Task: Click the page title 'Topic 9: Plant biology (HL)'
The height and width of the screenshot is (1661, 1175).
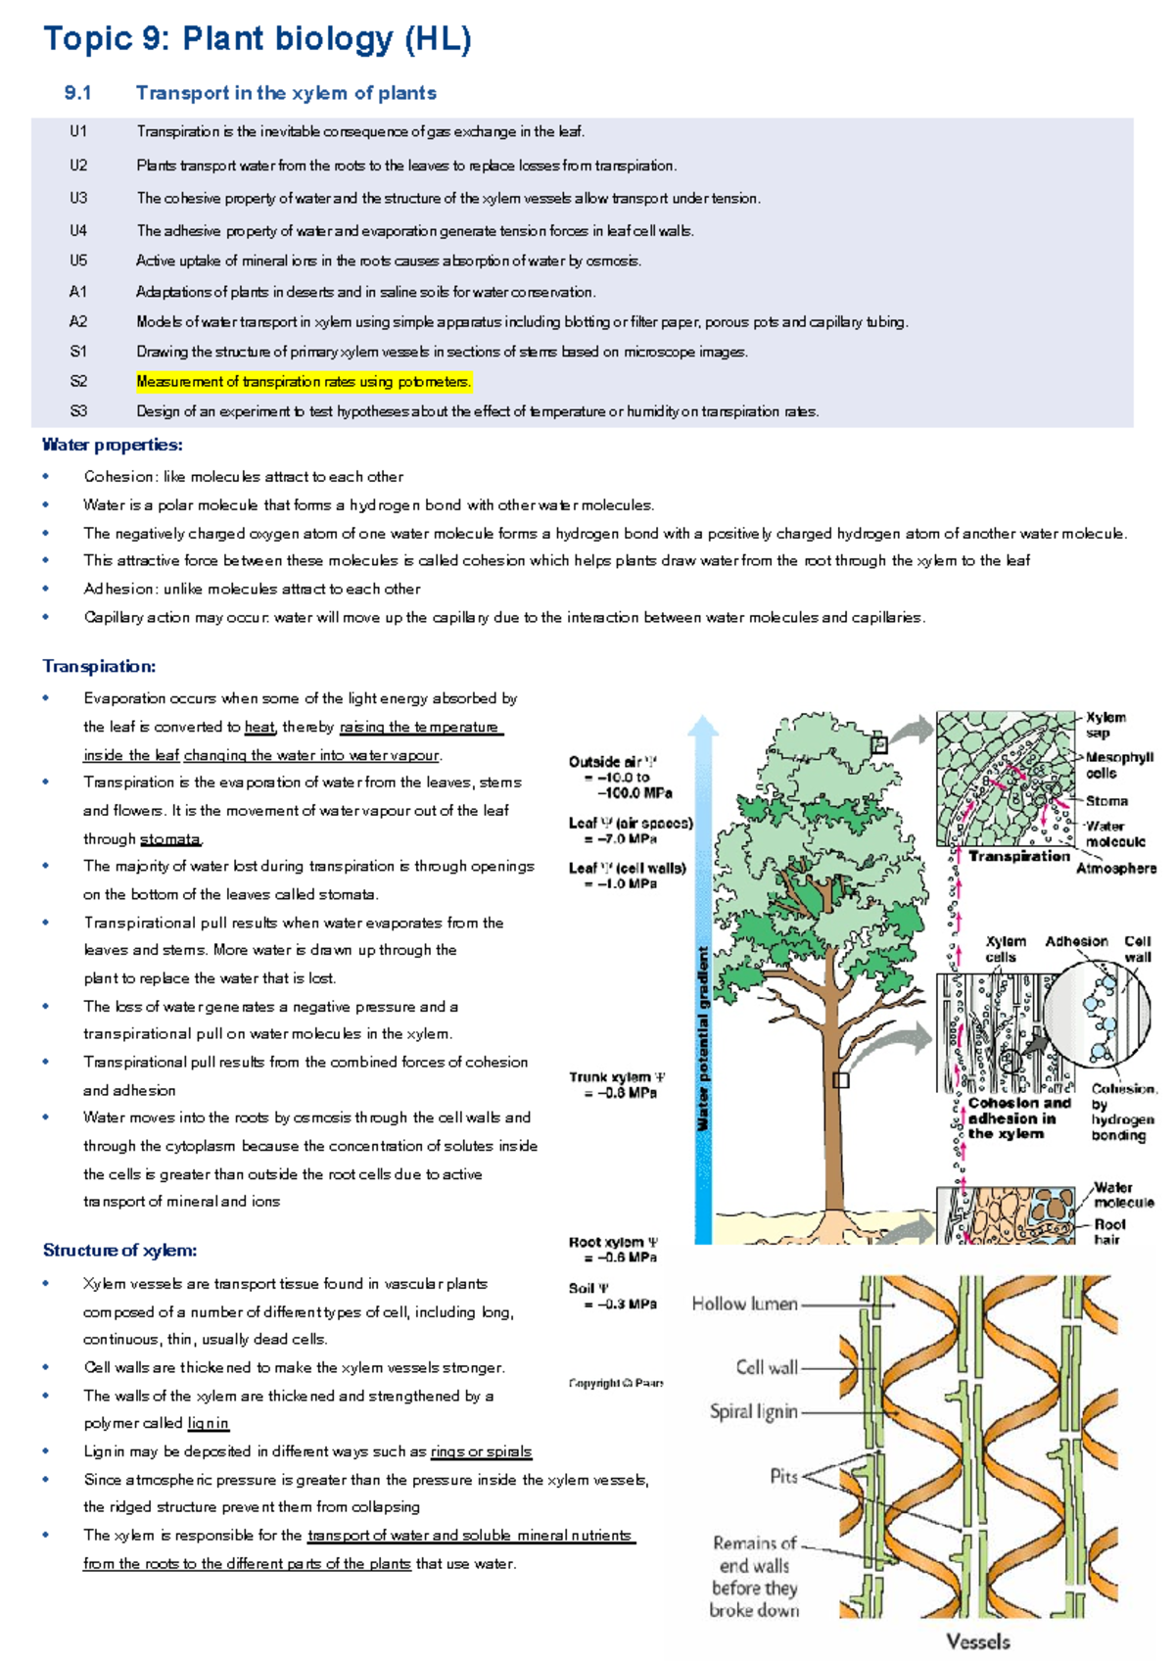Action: coord(257,39)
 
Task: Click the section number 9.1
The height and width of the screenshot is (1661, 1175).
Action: coord(77,93)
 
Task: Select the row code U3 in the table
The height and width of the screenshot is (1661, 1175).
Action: coord(78,198)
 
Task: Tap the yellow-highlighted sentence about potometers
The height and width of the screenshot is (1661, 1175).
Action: coord(304,382)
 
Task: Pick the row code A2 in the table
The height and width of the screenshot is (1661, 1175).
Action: coord(78,321)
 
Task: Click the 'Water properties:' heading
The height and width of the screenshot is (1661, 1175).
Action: coord(112,445)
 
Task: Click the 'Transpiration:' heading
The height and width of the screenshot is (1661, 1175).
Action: coord(99,666)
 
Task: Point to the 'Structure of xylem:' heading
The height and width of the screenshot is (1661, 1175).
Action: coord(119,1251)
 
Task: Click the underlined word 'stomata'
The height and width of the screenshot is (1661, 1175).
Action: coord(170,839)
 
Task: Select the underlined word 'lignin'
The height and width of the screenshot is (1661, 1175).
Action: coord(208,1423)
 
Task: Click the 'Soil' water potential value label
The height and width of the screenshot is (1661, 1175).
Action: coord(614,1297)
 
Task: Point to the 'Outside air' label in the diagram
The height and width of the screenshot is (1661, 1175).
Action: coord(613,762)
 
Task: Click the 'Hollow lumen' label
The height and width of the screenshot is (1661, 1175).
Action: coord(744,1304)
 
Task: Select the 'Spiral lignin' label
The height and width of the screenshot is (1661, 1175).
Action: coord(753,1411)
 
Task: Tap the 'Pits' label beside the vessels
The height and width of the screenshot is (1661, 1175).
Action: coord(783,1476)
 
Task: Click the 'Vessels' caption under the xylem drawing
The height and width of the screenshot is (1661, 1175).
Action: coord(977,1641)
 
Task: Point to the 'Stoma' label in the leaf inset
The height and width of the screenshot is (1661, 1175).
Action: coord(1106,801)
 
